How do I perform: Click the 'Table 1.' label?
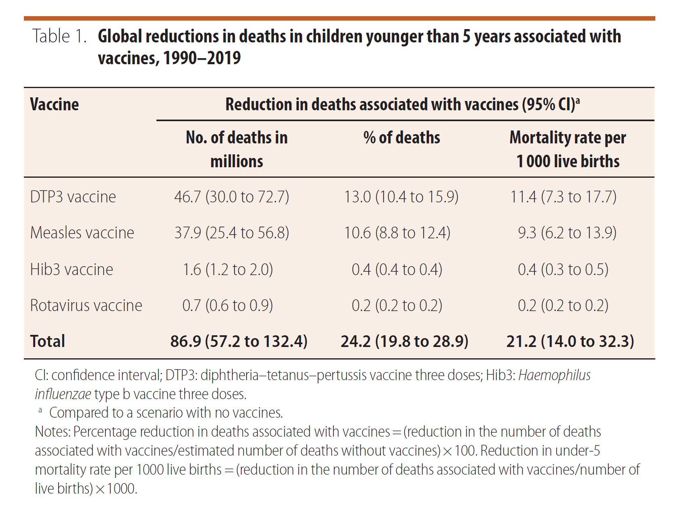[x=59, y=36]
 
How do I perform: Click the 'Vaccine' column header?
[x=54, y=104]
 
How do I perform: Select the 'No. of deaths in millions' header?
[x=236, y=149]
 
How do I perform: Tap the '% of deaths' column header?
[x=401, y=138]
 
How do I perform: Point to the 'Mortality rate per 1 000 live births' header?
[x=568, y=149]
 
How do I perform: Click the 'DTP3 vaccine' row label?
[x=73, y=197]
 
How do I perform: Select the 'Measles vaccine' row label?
[x=82, y=233]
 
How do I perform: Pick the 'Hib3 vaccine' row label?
[x=72, y=269]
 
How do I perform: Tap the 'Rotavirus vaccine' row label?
[x=86, y=305]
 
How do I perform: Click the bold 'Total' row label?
[x=47, y=341]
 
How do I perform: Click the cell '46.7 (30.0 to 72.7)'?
[x=232, y=197]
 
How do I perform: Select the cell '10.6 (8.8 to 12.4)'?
[x=397, y=233]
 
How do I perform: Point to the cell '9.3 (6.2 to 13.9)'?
[x=567, y=233]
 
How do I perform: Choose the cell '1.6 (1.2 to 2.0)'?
[x=228, y=269]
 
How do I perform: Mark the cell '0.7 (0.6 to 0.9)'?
[x=228, y=305]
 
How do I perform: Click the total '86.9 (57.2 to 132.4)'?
[x=239, y=341]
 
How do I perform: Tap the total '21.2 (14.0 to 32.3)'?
[x=570, y=341]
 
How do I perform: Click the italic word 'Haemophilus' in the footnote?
[x=554, y=375]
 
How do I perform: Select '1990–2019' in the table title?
[x=202, y=58]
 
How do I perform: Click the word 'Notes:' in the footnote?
[x=53, y=432]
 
